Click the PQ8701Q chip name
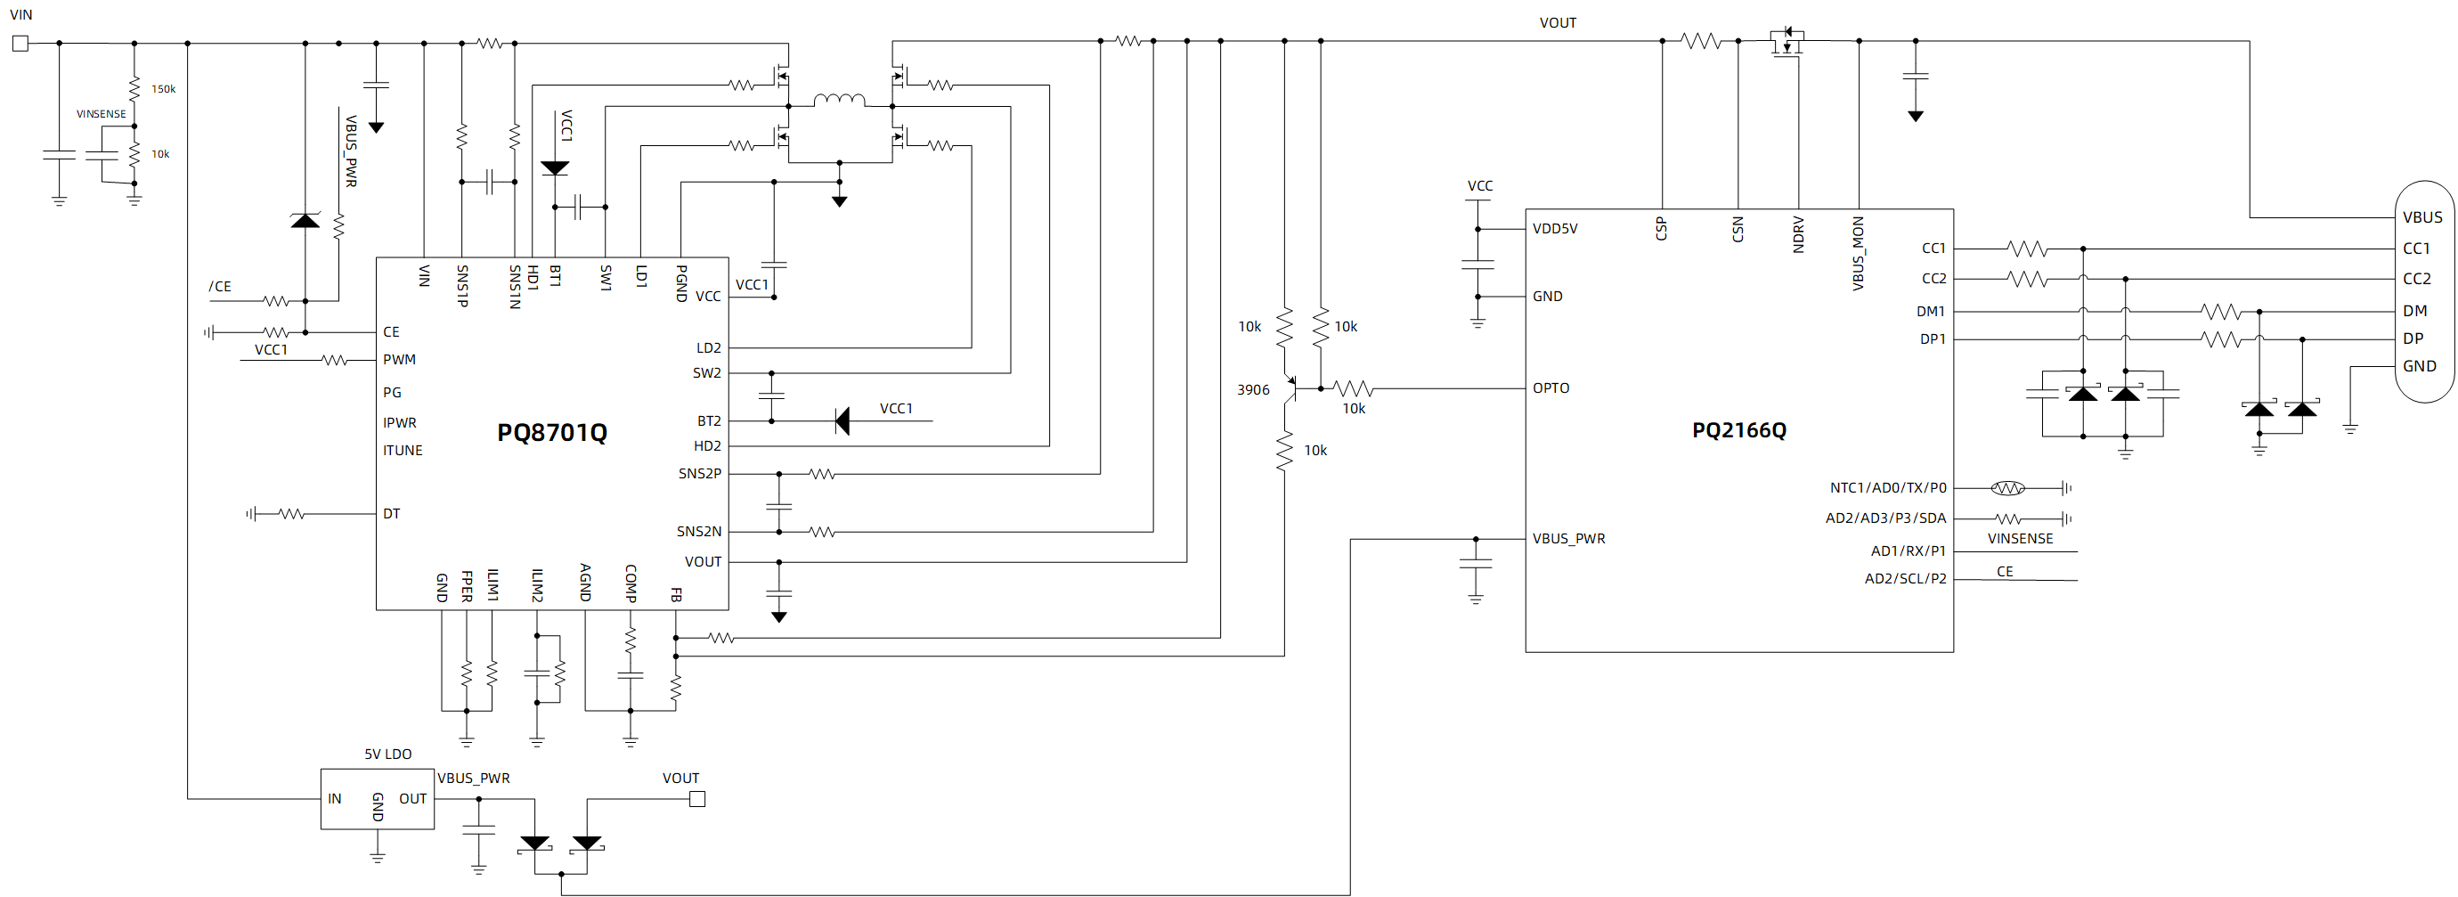coord(551,432)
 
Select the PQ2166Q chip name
coord(1738,430)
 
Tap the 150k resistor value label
coord(163,89)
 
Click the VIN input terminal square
coord(20,43)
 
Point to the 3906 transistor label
coord(1253,389)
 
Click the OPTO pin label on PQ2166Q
coord(1550,388)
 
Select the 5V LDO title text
coord(387,754)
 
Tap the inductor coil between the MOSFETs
coord(840,99)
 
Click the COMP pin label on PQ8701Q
coord(631,583)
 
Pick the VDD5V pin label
coord(1554,229)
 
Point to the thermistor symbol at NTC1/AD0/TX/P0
coord(2007,488)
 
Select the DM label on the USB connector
coord(2414,311)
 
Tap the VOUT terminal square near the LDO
coord(697,800)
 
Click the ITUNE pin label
coord(403,451)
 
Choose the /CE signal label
coord(219,286)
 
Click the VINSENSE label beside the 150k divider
coord(102,113)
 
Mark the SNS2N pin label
coord(699,532)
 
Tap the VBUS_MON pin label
coord(1858,253)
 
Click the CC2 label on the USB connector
coord(2416,279)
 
